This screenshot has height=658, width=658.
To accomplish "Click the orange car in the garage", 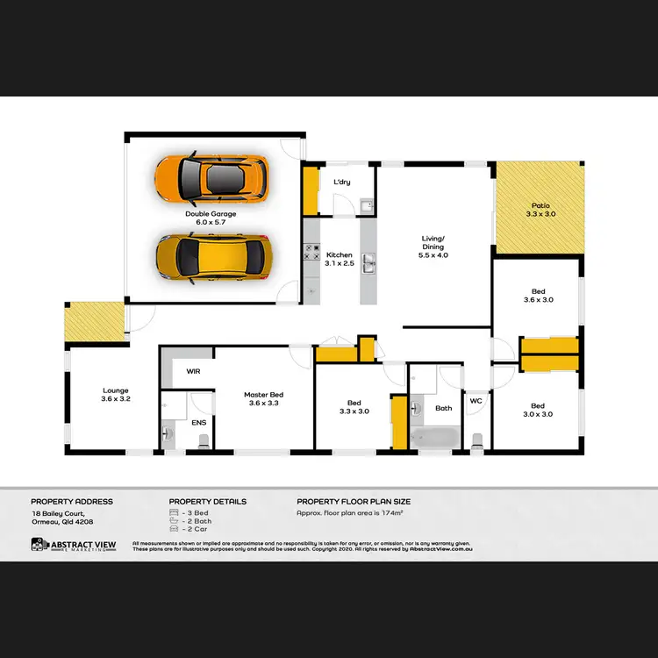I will pos(211,177).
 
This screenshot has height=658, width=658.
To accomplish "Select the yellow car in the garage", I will pos(213,256).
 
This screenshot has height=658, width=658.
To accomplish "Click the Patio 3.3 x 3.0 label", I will pos(540,209).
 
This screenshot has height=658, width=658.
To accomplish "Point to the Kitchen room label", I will pos(339,258).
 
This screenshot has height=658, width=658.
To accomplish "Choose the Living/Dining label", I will pos(433,247).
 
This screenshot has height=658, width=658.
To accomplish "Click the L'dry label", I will pos(342,182).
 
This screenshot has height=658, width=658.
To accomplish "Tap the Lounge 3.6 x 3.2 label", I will pos(116,395).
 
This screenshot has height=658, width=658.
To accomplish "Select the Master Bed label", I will pos(263,399).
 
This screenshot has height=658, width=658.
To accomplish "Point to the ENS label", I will pos(199,423).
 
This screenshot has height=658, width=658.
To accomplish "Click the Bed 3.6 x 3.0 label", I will pos(537,296).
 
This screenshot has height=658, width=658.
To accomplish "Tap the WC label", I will pos(476,402).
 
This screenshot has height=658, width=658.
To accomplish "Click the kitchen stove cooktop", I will pos(311,254).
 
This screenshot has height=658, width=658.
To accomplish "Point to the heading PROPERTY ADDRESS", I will pos(72,502).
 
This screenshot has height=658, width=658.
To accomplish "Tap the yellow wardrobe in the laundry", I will pos(310,190).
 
